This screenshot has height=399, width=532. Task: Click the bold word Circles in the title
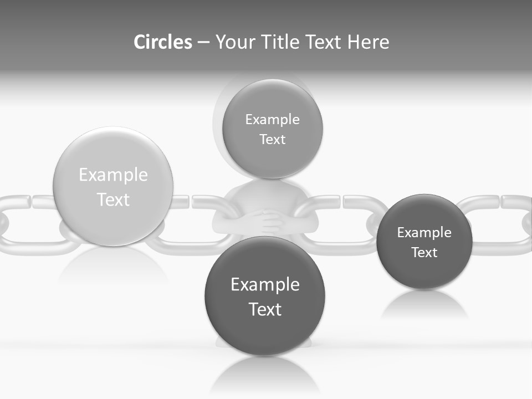coord(162,42)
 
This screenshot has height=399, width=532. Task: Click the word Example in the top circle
coord(272,120)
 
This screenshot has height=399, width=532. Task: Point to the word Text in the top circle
coord(272,140)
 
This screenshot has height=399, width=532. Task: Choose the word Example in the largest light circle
coord(113,175)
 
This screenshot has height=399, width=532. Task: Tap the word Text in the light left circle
coord(113,199)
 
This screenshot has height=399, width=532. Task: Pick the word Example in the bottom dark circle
coord(265,285)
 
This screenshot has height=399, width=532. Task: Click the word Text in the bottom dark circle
coord(265,309)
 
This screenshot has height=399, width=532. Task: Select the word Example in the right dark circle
coord(424,233)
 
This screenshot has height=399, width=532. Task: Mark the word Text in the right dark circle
coord(424,253)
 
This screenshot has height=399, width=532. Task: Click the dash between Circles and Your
coord(203,42)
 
